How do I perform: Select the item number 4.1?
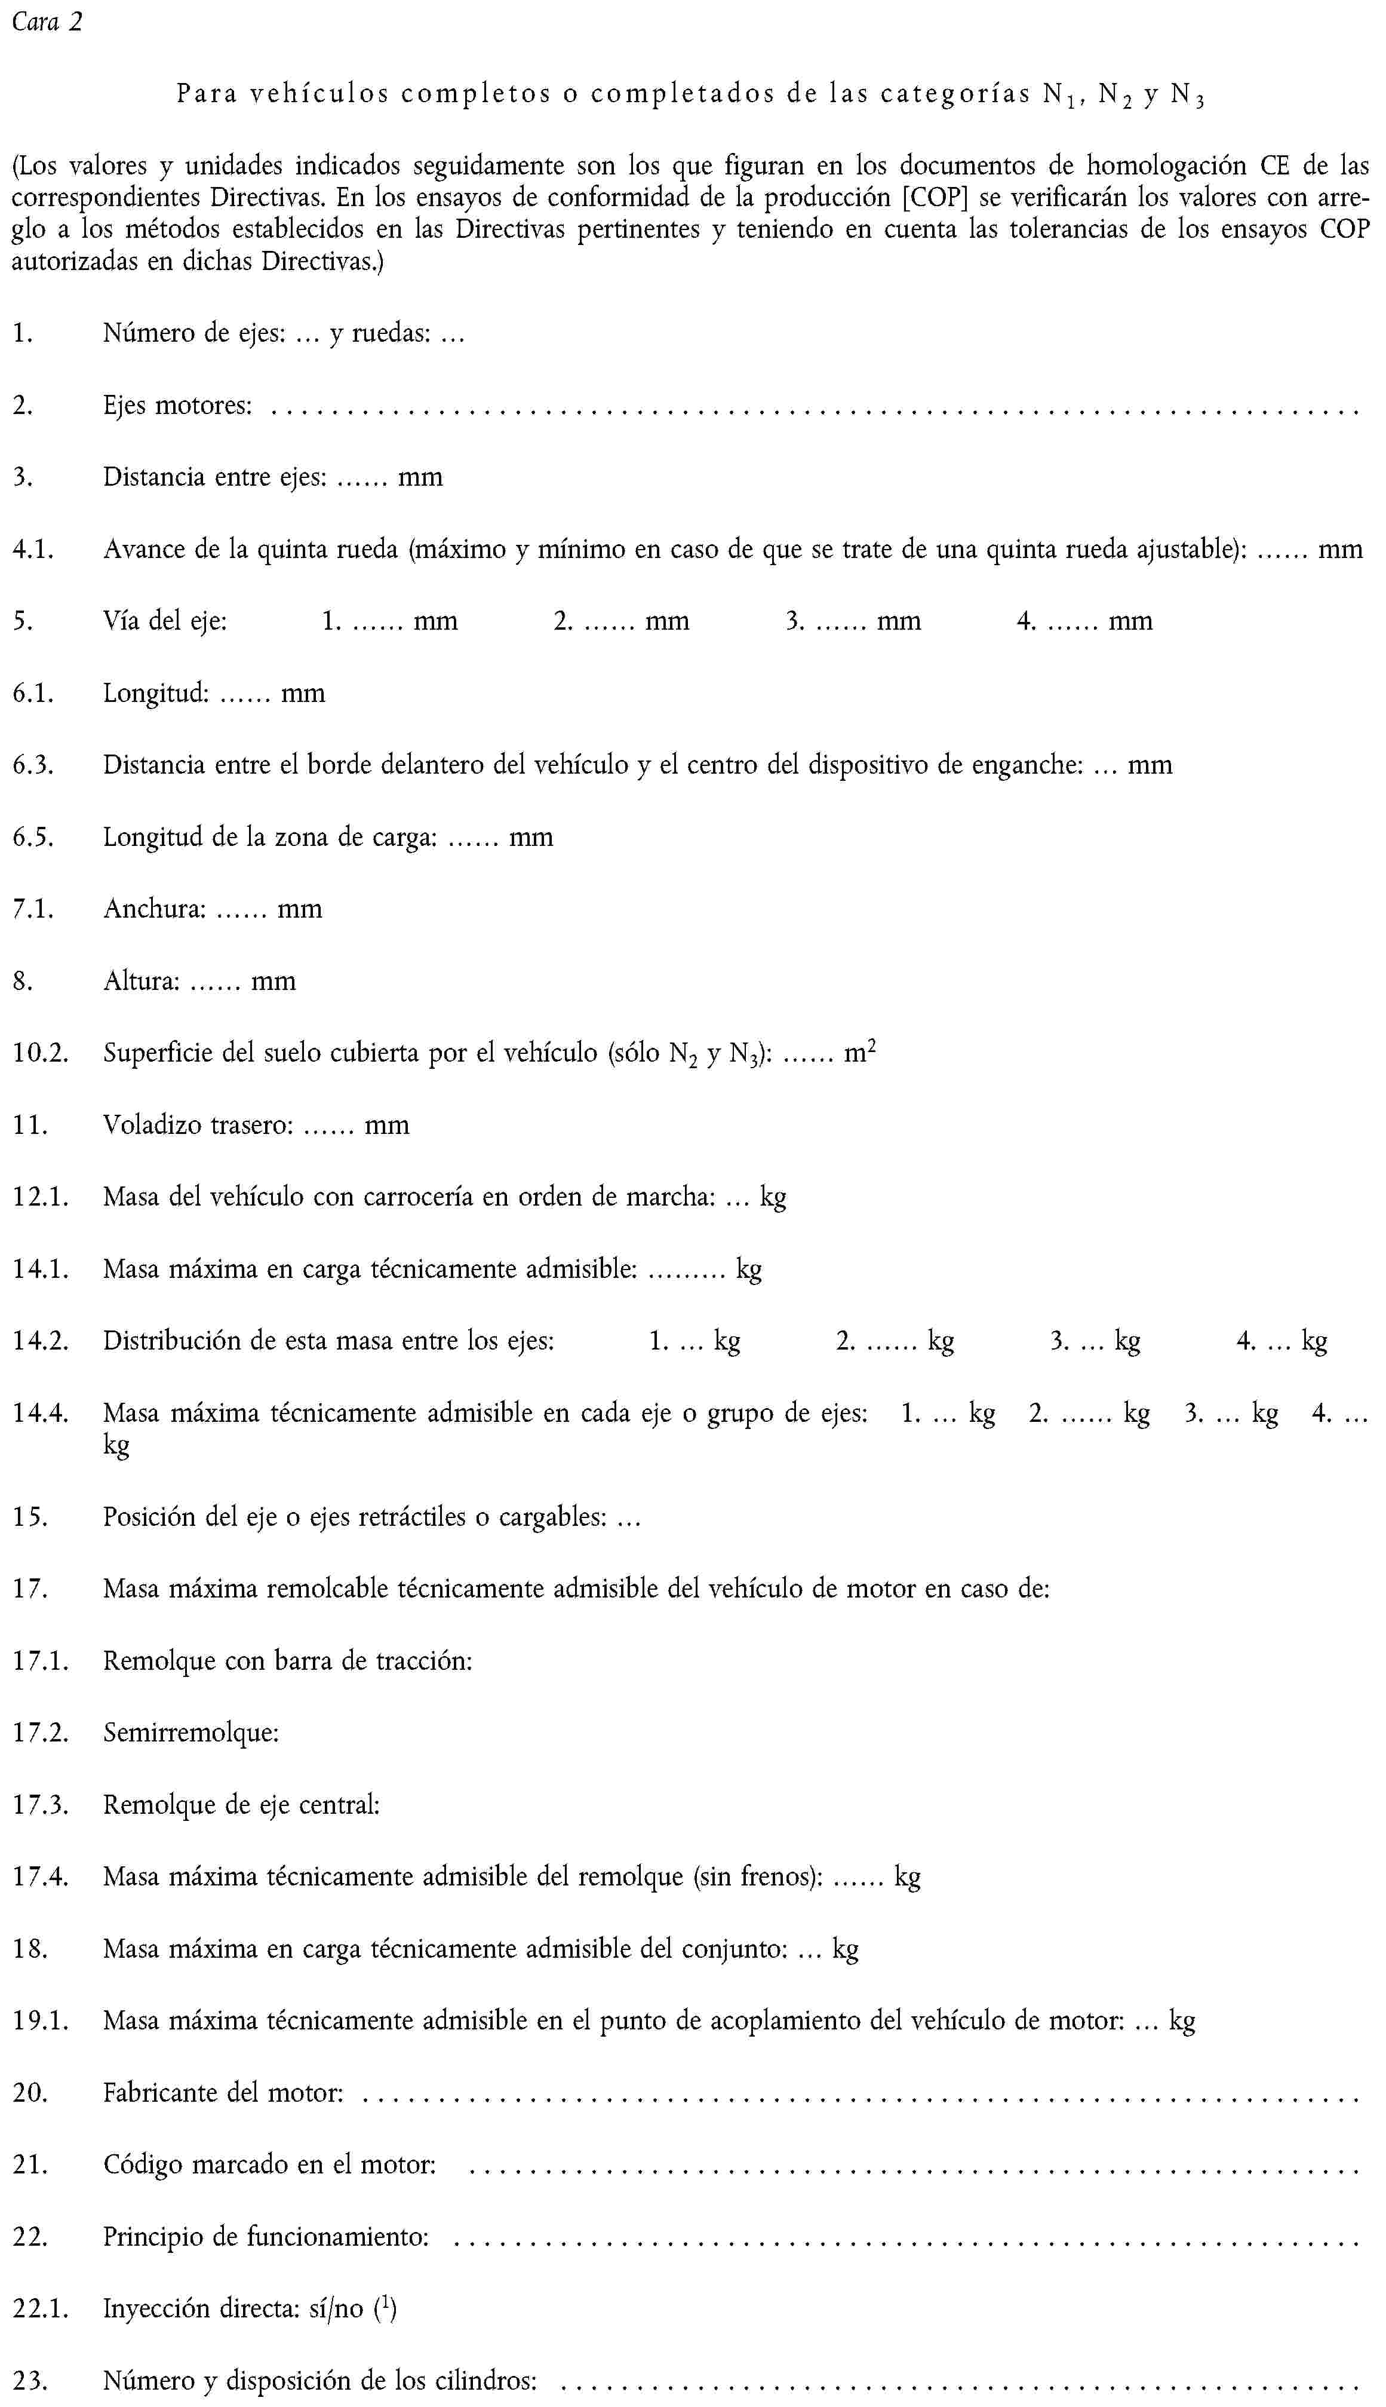[x=33, y=550]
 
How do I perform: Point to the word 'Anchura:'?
[x=154, y=909]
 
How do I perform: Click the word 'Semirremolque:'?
[x=190, y=1732]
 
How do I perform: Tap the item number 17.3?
[x=40, y=1804]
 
